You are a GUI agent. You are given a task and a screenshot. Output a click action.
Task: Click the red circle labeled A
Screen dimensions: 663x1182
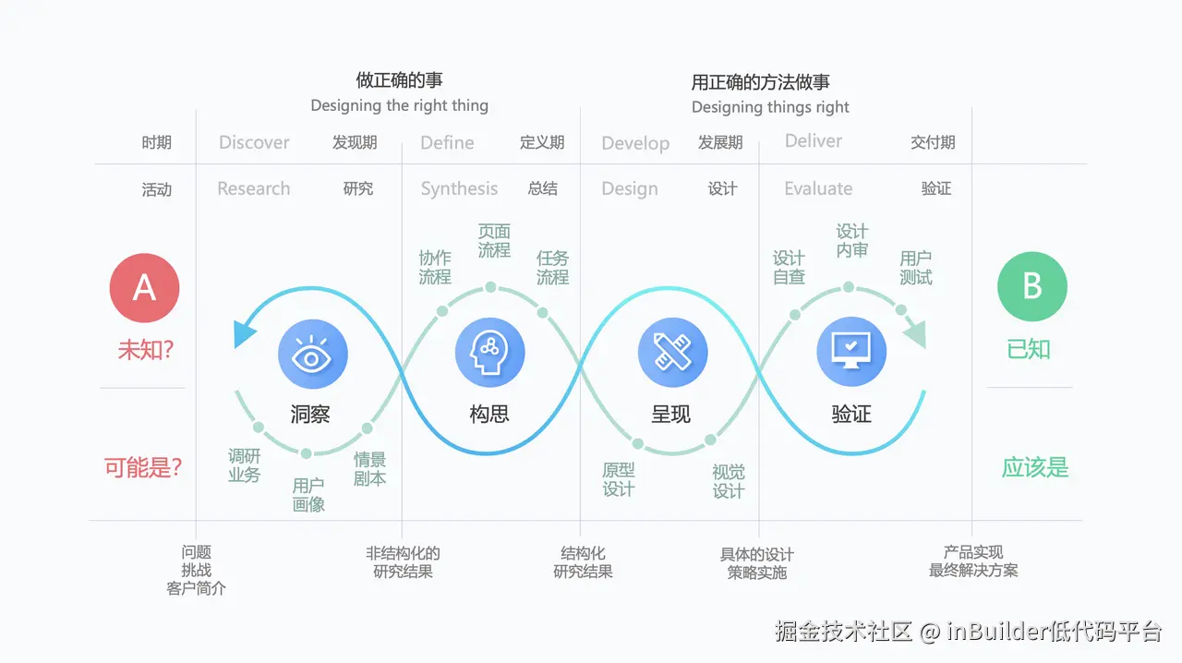click(x=144, y=287)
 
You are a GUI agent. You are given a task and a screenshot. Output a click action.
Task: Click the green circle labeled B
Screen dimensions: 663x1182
click(x=1032, y=287)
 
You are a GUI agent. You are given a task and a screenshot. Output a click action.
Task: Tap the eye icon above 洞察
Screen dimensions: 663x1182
click(x=312, y=355)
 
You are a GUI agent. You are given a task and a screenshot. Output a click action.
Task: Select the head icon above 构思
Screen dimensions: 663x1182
click(x=489, y=355)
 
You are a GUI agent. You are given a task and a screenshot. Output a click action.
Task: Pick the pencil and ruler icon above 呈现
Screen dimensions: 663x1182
click(x=672, y=355)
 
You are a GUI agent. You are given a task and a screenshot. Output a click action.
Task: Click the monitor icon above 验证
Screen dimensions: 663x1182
click(x=851, y=355)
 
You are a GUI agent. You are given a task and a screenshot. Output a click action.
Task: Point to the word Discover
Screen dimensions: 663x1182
click(x=254, y=142)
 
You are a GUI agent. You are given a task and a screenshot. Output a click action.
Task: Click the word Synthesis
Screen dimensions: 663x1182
click(x=459, y=188)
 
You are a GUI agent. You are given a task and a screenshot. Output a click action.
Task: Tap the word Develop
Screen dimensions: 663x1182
click(x=635, y=143)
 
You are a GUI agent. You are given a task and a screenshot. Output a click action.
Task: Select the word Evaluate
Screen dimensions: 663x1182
click(x=818, y=188)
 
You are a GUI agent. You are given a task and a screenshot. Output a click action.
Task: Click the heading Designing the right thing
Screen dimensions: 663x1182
click(x=399, y=105)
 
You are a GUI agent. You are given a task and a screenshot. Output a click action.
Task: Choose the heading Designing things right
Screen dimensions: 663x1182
click(x=770, y=107)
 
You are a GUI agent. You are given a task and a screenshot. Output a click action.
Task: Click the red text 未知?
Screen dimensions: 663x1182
click(x=146, y=350)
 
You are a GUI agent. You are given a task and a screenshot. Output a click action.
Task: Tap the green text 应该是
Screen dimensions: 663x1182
click(x=1035, y=467)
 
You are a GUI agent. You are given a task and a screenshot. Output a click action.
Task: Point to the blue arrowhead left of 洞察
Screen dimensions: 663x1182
click(x=244, y=333)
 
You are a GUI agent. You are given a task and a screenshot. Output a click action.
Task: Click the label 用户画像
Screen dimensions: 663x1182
click(x=308, y=495)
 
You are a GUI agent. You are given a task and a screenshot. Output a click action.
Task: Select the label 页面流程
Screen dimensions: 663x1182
click(x=494, y=240)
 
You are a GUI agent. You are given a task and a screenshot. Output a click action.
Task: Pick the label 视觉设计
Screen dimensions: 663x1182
click(x=729, y=481)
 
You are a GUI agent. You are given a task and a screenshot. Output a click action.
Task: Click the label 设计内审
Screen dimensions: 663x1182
click(x=852, y=240)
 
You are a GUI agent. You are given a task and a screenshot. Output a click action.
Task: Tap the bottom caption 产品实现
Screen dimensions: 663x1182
click(x=973, y=552)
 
